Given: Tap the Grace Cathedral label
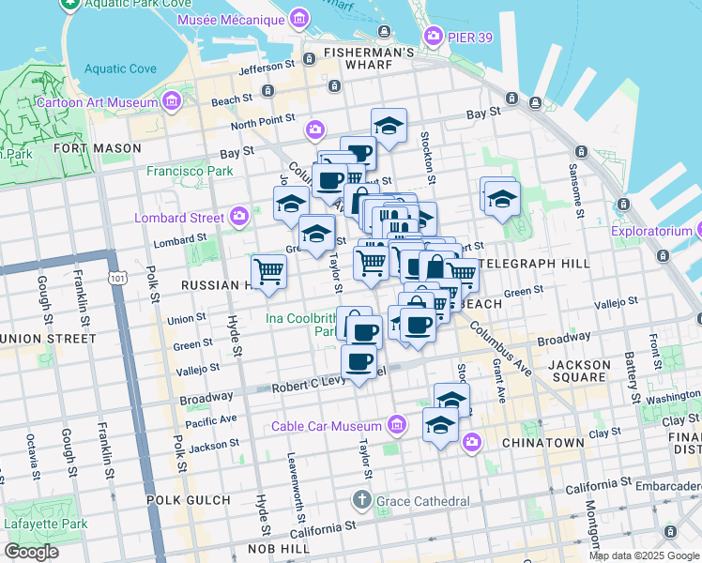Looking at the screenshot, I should pyautogui.click(x=422, y=501).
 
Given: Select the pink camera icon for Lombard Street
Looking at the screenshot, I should pyautogui.click(x=239, y=218).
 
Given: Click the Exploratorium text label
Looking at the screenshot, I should pyautogui.click(x=651, y=231).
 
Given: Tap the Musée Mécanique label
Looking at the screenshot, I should pyautogui.click(x=243, y=20).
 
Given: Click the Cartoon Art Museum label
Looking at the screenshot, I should pyautogui.click(x=97, y=101).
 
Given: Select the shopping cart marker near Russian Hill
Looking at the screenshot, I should pyautogui.click(x=269, y=271).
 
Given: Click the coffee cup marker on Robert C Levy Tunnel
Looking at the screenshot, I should pyautogui.click(x=358, y=361).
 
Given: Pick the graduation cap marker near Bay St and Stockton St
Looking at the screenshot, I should pyautogui.click(x=389, y=125).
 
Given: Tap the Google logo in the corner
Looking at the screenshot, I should pyautogui.click(x=31, y=552).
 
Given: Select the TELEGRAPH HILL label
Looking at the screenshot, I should pyautogui.click(x=532, y=264).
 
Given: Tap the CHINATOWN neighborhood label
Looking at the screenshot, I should pyautogui.click(x=539, y=442).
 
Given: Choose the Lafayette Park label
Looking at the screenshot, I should pyautogui.click(x=45, y=524).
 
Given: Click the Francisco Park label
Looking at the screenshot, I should pyautogui.click(x=190, y=172).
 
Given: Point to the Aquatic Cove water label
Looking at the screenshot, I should pyautogui.click(x=120, y=68).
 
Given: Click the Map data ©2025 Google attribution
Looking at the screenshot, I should pyautogui.click(x=644, y=555).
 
